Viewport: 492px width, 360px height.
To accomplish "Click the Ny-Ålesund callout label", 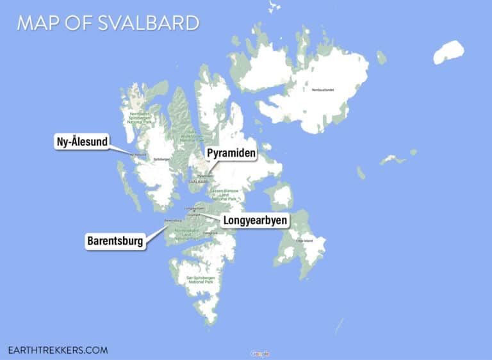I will [x=81, y=142].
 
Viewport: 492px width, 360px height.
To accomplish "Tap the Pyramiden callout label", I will [x=231, y=154].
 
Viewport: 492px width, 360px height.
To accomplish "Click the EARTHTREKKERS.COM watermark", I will [x=58, y=350].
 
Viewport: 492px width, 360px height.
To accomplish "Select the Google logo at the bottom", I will [x=260, y=354].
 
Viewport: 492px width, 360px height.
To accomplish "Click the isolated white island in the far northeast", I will [x=448, y=52].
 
